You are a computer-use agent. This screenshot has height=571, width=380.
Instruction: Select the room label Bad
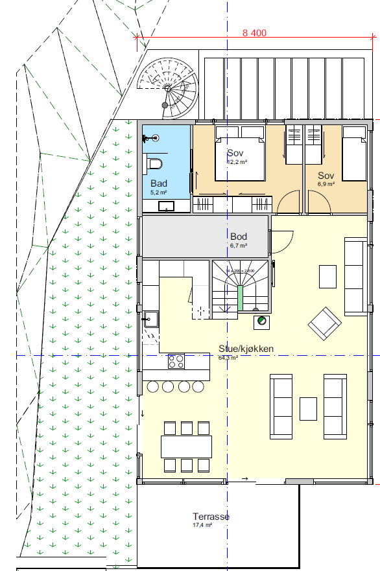158,184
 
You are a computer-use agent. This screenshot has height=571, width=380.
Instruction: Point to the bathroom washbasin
167,207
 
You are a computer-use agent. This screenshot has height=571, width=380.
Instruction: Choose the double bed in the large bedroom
239,152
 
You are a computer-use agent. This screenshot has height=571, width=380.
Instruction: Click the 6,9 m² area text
326,184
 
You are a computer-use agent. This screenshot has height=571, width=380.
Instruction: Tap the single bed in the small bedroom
355,153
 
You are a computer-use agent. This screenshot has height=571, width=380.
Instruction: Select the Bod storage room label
238,237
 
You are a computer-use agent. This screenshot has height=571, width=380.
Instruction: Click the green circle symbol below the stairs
261,321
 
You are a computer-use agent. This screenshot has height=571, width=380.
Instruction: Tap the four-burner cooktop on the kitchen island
176,361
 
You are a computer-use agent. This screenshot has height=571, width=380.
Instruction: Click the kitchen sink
152,318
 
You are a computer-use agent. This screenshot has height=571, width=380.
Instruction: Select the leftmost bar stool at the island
154,387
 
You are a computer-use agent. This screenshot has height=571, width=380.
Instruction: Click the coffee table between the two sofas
308,408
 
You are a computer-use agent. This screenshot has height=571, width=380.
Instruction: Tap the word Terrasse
211,517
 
